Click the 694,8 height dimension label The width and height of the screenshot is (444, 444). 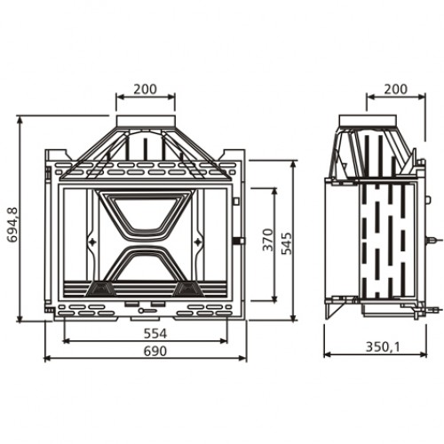tap(12, 225)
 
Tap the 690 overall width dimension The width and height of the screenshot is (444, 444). tap(155, 351)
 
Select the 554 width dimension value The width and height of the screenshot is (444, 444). tap(155, 334)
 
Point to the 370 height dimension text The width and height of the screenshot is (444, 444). tap(268, 240)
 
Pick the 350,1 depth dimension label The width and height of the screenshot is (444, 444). tap(383, 346)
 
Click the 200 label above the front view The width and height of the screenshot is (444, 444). tap(145, 89)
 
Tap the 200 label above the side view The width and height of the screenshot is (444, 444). tap(396, 89)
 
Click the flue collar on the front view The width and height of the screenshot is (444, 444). tap(146, 122)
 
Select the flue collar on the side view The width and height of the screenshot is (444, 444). tap(368, 121)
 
